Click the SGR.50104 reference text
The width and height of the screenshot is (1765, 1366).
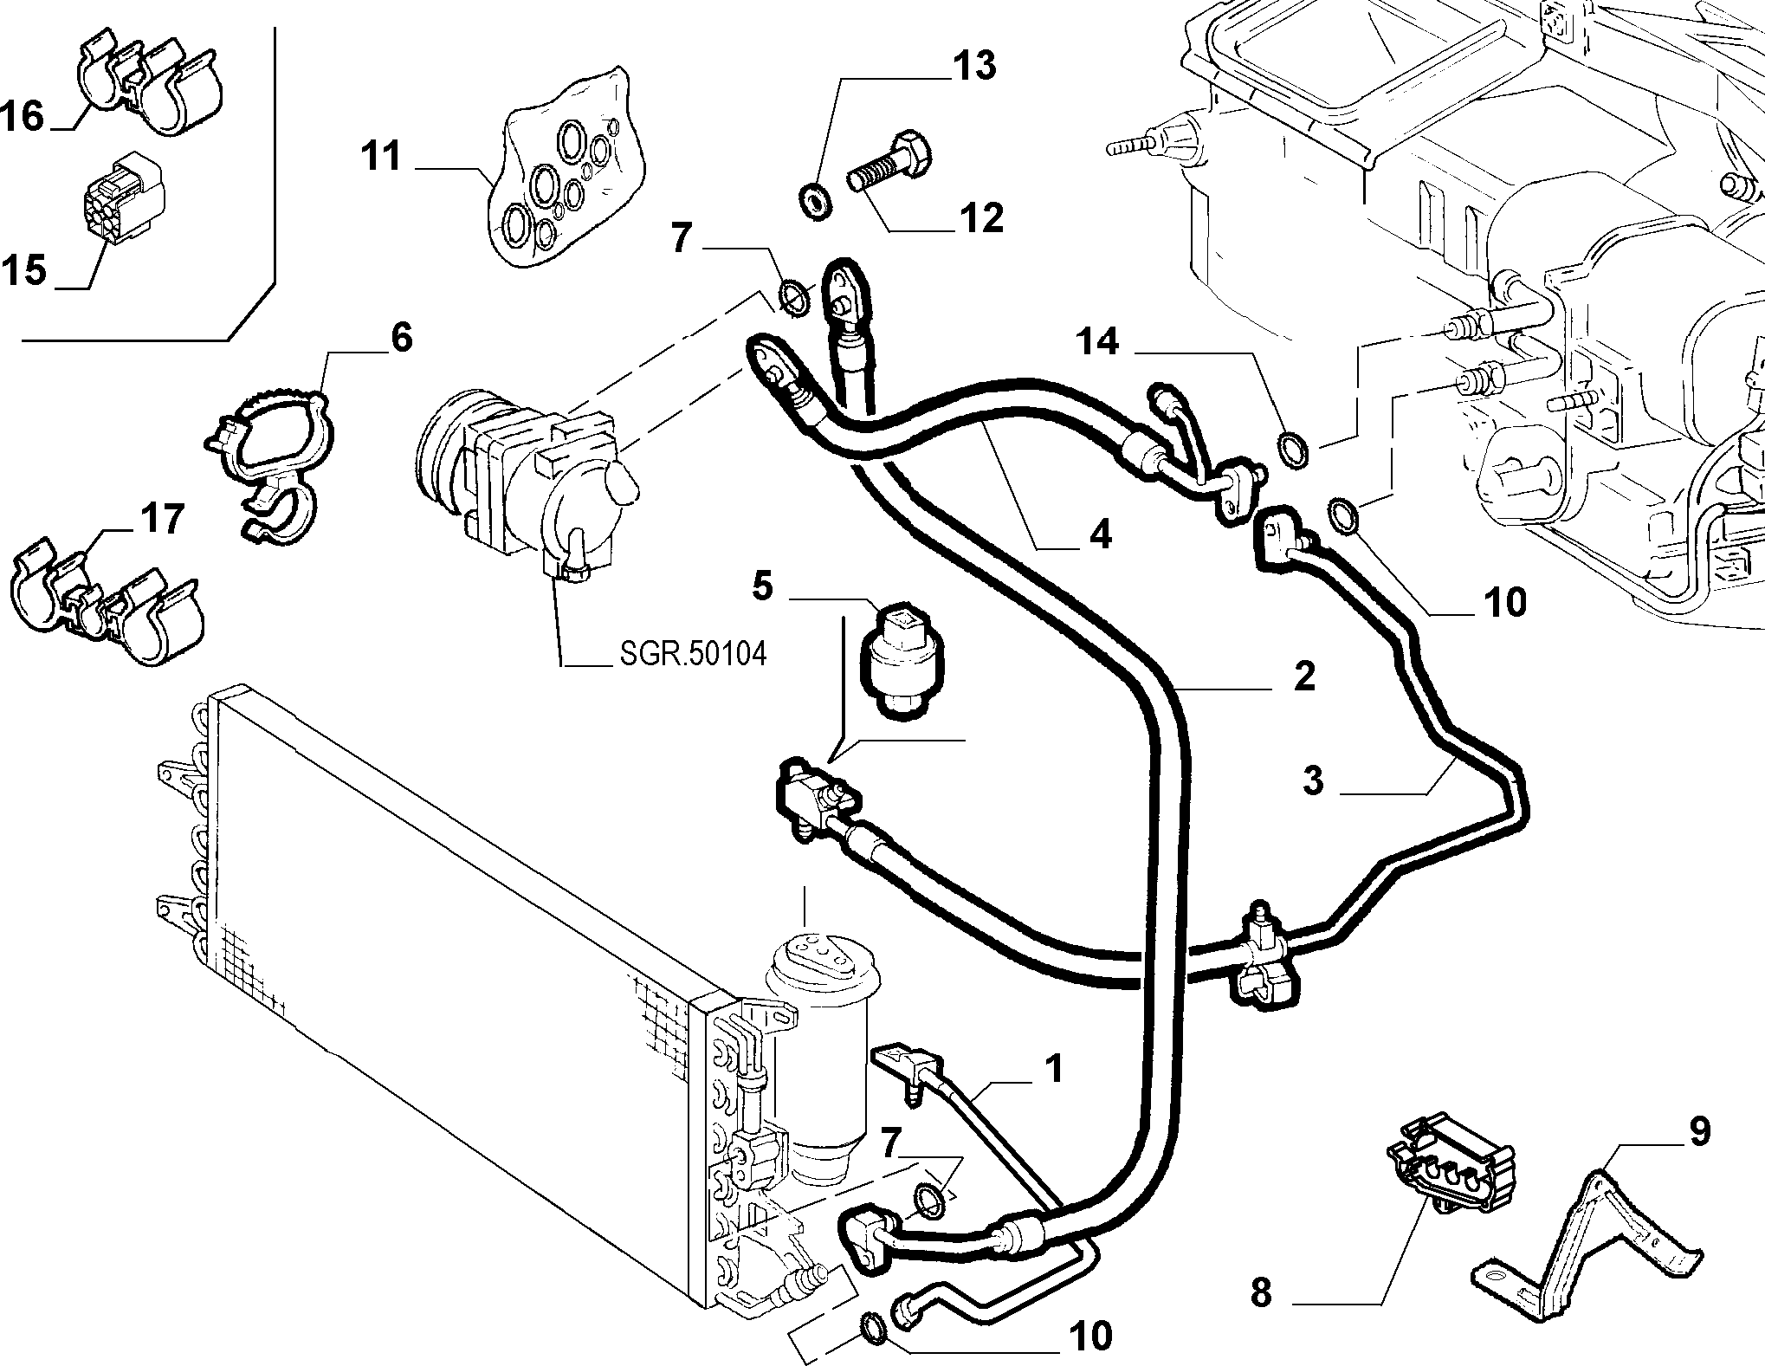tap(694, 654)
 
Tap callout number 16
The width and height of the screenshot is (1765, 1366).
tap(23, 116)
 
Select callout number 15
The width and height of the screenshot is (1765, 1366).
tap(23, 270)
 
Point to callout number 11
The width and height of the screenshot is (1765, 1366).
tap(382, 158)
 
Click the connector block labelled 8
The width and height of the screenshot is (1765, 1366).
tap(1451, 1169)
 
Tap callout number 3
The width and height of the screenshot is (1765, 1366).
tap(1313, 780)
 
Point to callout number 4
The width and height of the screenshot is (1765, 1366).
tap(1100, 534)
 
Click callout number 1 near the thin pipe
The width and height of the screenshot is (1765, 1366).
tap(1051, 1071)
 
